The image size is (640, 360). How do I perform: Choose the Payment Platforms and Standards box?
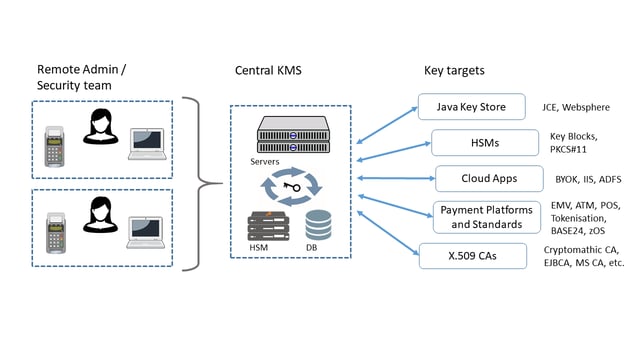point(481,216)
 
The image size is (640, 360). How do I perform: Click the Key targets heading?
point(454,70)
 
